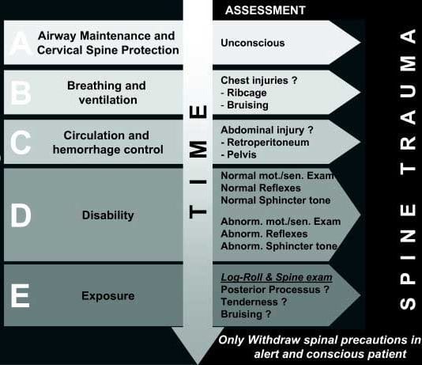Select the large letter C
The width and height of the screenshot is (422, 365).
[21, 143]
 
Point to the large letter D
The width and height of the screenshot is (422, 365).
[21, 215]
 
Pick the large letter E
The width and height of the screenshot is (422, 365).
[21, 296]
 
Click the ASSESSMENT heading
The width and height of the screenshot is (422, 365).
[265, 10]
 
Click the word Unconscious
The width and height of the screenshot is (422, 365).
[253, 43]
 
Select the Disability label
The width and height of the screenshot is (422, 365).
[107, 215]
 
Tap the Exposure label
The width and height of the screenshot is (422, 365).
[107, 296]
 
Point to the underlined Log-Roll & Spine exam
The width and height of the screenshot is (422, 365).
[276, 278]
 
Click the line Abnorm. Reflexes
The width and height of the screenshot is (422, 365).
[265, 234]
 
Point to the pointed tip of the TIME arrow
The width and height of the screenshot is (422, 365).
[202, 358]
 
